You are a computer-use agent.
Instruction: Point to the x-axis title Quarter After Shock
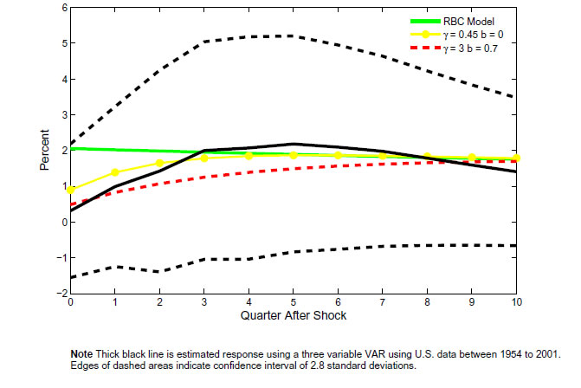(x=293, y=316)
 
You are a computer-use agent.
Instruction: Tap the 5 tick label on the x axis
(x=294, y=303)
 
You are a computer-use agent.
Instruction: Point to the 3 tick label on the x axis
(x=203, y=303)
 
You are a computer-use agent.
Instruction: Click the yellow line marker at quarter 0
(x=70, y=190)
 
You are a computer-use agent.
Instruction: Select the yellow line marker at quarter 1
(x=114, y=172)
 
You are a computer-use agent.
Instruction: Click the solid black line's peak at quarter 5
(x=294, y=144)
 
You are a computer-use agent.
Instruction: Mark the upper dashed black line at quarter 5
(x=294, y=36)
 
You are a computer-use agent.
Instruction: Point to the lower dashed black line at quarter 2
(x=159, y=272)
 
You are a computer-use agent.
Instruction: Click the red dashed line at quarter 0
(x=70, y=205)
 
